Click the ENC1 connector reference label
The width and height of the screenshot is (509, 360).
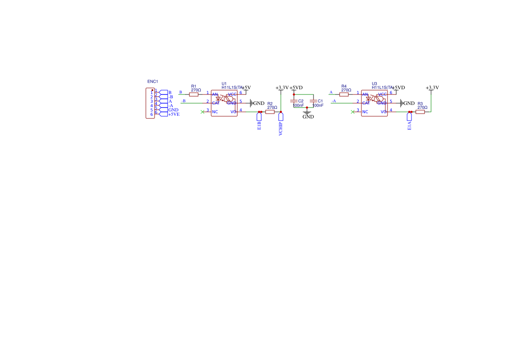click(x=152, y=81)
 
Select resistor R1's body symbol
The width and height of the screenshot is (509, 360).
click(x=194, y=94)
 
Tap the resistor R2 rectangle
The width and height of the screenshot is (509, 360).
click(x=270, y=112)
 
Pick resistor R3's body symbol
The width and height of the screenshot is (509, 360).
click(x=420, y=112)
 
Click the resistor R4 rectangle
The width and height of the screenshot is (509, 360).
click(x=344, y=94)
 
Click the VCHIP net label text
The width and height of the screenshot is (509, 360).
click(x=281, y=129)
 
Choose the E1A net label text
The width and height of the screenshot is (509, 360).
click(x=410, y=126)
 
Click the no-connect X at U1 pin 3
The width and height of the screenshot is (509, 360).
click(x=202, y=112)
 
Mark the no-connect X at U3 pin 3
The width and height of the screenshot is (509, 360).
click(x=352, y=112)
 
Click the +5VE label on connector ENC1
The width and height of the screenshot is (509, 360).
click(x=174, y=114)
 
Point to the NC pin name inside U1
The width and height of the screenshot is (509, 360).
click(x=215, y=112)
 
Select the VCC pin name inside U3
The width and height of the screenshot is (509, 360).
click(x=382, y=94)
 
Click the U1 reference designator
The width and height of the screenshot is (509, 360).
click(x=224, y=84)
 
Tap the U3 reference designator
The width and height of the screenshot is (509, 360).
click(x=374, y=84)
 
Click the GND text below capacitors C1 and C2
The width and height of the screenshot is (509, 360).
click(x=308, y=117)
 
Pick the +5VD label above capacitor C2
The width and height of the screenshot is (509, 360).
click(x=296, y=87)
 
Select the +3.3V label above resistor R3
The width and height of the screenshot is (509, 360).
click(x=432, y=87)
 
